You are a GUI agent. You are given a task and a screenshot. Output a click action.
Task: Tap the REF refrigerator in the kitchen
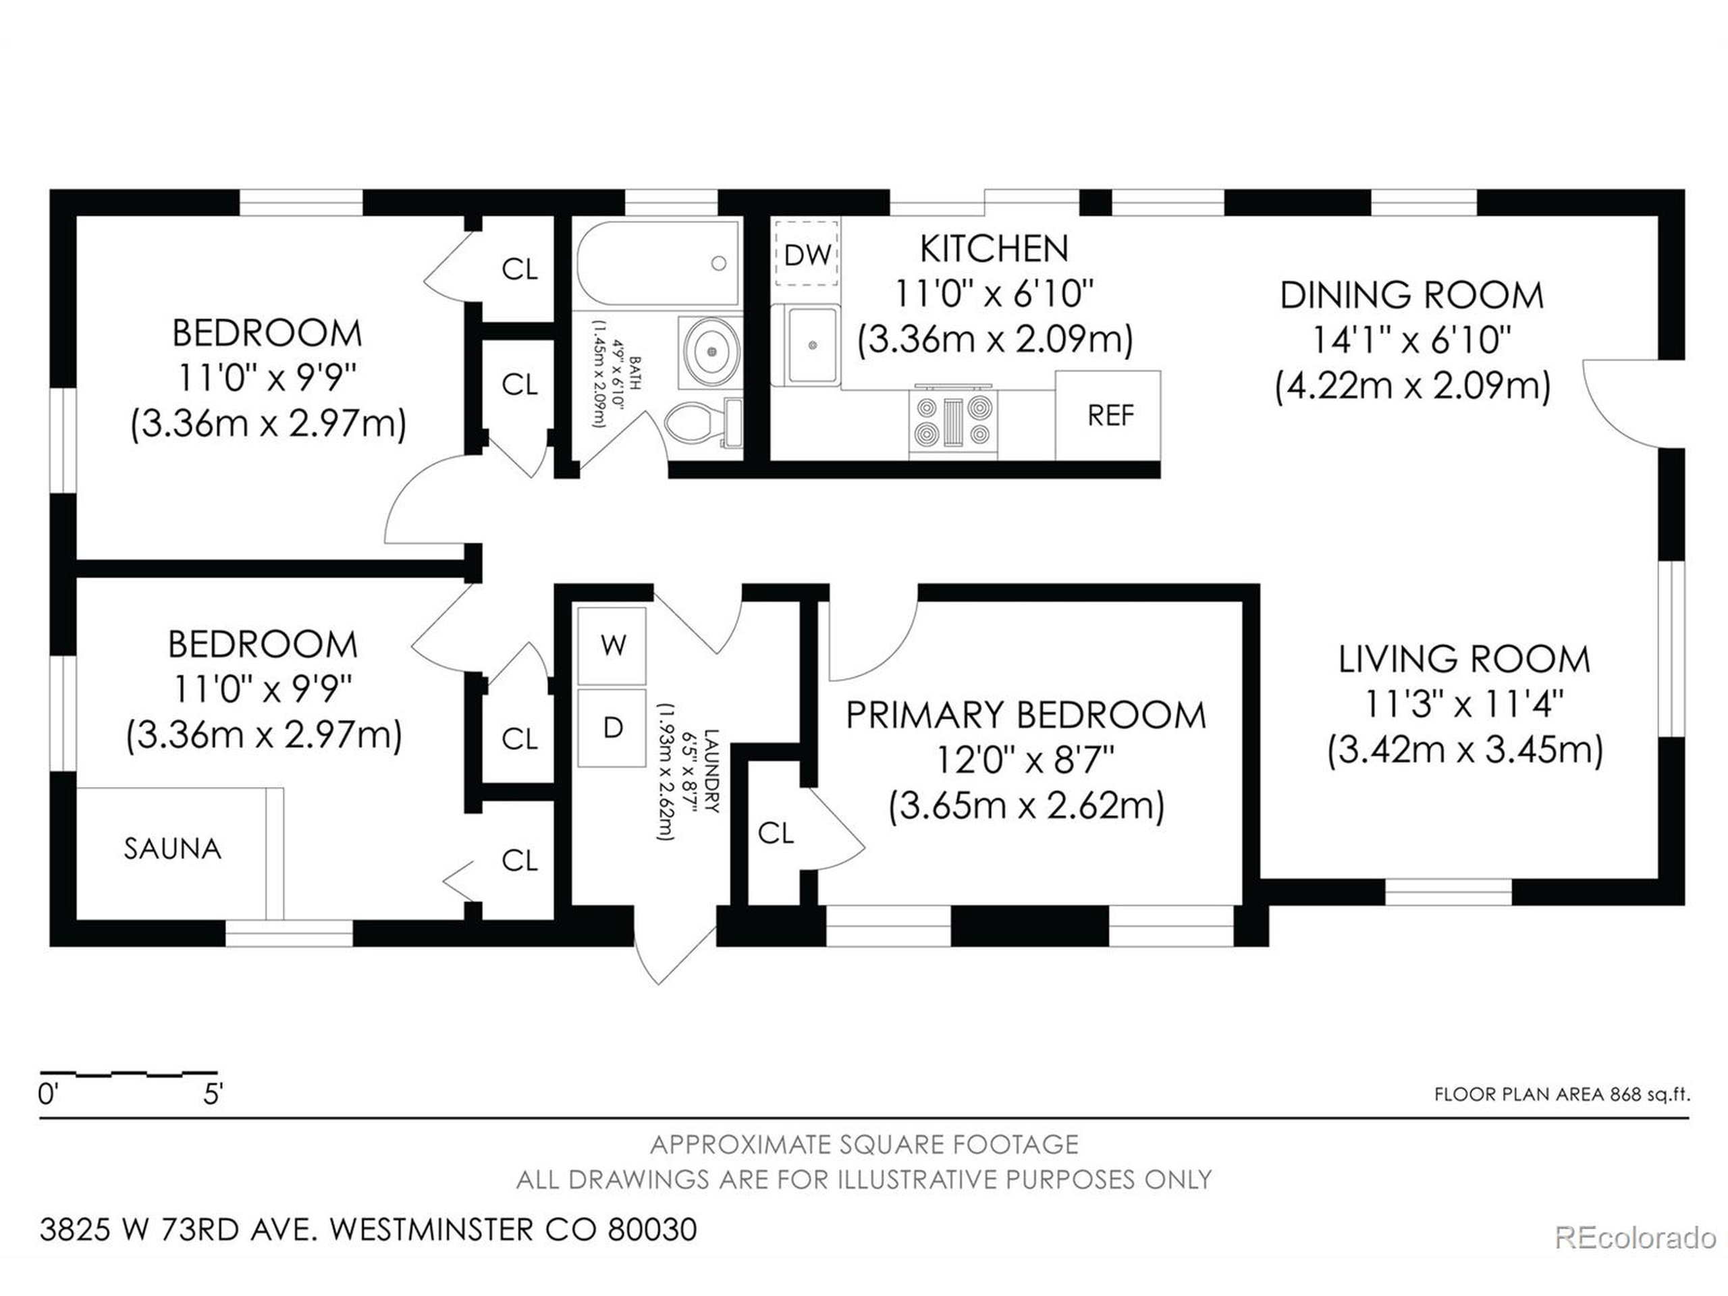pos(1108,416)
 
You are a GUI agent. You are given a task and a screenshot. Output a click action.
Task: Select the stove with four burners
pos(953,423)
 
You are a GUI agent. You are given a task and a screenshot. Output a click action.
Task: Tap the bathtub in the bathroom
pos(657,263)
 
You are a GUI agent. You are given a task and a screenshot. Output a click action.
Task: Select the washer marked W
pos(612,645)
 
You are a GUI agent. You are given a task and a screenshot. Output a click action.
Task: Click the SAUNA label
pos(173,848)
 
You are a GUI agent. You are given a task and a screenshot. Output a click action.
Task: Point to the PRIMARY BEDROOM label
pos(1027,715)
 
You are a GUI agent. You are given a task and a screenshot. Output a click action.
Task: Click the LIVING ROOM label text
pos(1465,659)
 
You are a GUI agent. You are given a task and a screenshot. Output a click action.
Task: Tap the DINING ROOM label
pos(1411,295)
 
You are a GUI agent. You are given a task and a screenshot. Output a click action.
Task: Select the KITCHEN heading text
pos(994,249)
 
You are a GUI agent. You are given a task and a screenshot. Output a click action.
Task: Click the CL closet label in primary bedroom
pos(776,834)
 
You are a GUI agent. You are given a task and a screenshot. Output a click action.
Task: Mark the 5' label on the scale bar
pos(213,1094)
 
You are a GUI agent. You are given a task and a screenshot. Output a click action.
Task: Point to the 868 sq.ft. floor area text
pos(1649,1094)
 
